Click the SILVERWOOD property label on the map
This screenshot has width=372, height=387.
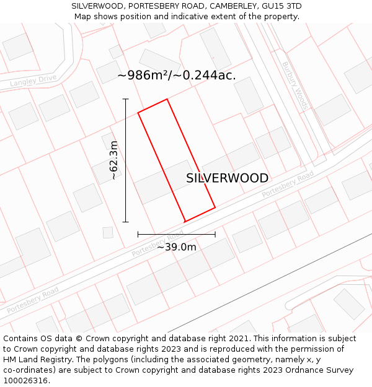[x=228, y=178]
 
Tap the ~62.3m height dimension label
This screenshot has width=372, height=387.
[x=113, y=160]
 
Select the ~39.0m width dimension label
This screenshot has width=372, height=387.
[x=177, y=247]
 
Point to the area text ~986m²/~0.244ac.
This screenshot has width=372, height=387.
[x=177, y=75]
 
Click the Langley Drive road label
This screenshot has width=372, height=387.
[x=33, y=80]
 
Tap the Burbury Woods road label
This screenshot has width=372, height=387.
[x=294, y=85]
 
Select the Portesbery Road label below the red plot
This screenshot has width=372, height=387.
[x=157, y=243]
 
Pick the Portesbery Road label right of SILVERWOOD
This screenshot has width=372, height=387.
[x=288, y=185]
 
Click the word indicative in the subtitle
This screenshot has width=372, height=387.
[x=180, y=17]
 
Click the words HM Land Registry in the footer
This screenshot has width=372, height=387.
[x=35, y=360]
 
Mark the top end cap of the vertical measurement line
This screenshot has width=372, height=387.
[x=126, y=99]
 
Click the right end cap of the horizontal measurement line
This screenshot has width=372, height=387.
[x=215, y=234]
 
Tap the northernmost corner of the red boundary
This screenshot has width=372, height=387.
[x=167, y=99]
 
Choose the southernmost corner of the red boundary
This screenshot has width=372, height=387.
[x=185, y=221]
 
